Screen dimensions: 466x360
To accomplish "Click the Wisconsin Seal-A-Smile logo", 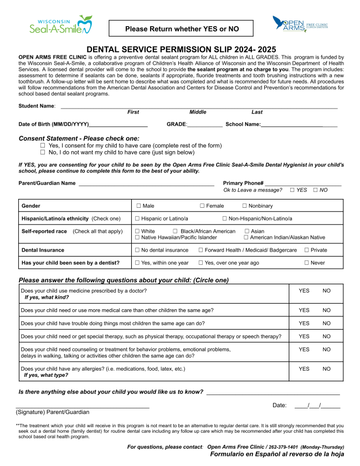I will (61, 25).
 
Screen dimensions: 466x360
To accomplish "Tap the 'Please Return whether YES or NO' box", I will (181, 29).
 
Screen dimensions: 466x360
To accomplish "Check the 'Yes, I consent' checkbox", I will (43, 146).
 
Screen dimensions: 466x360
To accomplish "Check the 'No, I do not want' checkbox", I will (43, 152).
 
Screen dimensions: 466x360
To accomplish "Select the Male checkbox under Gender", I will (138, 206).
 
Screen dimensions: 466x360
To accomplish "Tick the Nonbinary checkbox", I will (244, 206).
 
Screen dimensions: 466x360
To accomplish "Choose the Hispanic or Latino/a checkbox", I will (138, 219).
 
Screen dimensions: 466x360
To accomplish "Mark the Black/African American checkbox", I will (175, 231).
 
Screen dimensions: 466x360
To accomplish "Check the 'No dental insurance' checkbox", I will (138, 250).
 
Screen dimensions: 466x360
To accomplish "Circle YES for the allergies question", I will (304, 369).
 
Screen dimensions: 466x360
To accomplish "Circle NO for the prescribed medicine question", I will (327, 290).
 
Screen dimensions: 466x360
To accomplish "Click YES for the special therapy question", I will (304, 336).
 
